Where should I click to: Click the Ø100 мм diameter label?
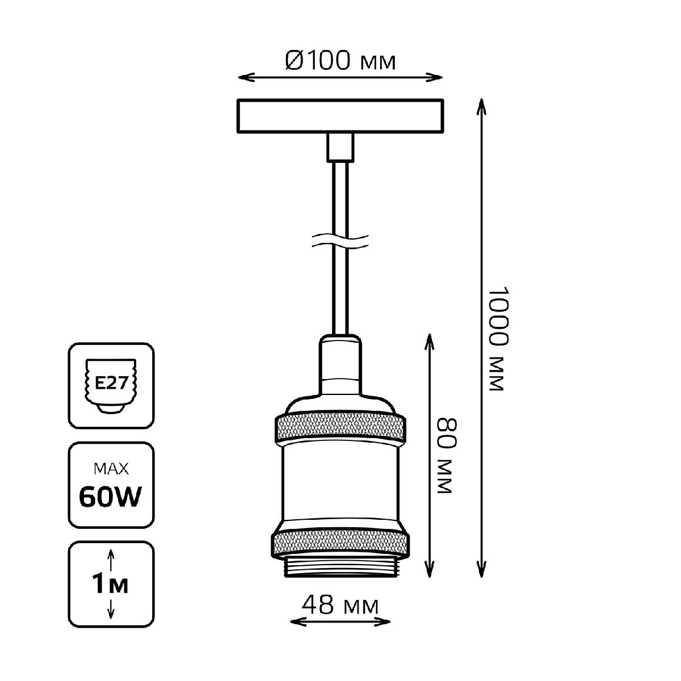click(340, 60)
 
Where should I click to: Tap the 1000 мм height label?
click(495, 338)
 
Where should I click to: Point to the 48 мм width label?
click(340, 606)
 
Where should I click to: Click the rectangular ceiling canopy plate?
click(340, 117)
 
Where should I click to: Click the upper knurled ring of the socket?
click(340, 428)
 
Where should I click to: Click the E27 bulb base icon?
click(111, 385)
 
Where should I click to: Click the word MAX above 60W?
click(111, 469)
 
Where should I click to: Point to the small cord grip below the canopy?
click(340, 148)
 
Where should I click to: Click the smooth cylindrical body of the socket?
click(340, 485)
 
